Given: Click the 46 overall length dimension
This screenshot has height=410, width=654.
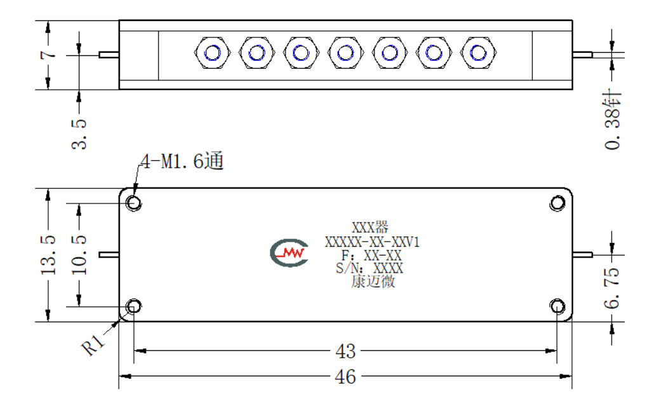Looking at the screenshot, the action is (345, 376).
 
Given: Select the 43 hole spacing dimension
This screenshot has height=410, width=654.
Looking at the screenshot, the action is (345, 351).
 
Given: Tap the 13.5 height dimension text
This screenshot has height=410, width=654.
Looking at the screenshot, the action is (48, 255).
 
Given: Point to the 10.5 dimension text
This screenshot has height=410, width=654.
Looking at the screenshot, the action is (79, 255).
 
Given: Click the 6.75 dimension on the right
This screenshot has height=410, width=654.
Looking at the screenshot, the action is (611, 288).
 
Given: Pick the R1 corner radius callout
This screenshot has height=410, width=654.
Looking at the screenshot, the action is (93, 345).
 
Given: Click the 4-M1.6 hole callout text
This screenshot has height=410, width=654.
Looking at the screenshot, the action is (182, 161).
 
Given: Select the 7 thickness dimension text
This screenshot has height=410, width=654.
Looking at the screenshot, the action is (48, 55).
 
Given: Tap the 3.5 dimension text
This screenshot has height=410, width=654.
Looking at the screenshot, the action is (79, 134).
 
